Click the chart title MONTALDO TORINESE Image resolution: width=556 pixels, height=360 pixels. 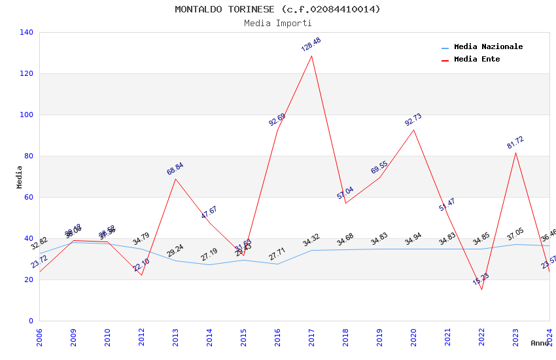click(277, 9)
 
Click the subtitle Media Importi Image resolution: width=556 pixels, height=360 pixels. click(277, 23)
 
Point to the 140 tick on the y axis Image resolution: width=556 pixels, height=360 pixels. click(26, 32)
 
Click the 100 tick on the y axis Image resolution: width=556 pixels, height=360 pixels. click(26, 115)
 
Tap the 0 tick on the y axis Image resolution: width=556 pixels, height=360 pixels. click(30, 321)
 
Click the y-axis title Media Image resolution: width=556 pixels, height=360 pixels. click(20, 177)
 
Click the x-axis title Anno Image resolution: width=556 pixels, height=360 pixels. click(540, 343)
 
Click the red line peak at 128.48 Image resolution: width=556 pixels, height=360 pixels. click(311, 56)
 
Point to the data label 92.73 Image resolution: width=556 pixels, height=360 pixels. click(413, 120)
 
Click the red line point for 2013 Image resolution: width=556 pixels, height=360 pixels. click(175, 179)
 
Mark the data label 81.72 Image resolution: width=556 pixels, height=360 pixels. click(515, 143)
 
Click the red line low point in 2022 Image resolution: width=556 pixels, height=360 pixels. click(481, 289)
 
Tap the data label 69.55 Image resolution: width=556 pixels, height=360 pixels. click(379, 168)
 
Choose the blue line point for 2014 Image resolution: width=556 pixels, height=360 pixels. click(209, 264)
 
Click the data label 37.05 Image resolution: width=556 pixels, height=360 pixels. click(515, 234)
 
